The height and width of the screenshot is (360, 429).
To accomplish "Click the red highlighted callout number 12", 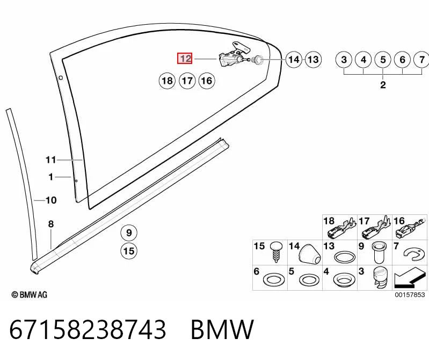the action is coord(185,59).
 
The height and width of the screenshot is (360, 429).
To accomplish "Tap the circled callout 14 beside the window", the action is coord(294,60).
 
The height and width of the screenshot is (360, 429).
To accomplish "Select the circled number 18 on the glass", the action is coord(167,81).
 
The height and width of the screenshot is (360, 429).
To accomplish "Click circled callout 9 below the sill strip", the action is coord(129,233).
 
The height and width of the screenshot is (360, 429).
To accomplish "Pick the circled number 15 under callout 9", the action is coord(129,251).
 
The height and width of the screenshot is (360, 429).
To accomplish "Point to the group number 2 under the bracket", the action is coord(383,84).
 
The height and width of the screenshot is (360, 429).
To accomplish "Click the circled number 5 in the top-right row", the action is coord(383,60).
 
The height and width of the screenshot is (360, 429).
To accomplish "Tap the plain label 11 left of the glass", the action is coord(50,160).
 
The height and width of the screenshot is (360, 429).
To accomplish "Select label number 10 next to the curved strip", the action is coord(51,200).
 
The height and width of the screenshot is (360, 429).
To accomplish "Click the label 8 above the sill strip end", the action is coord(51,224).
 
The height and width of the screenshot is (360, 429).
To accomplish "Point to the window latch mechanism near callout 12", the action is coord(235,55).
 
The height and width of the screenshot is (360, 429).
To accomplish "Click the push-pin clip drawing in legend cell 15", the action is coord(277,252).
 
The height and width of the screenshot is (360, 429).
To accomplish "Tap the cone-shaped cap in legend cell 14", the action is coord(309,254).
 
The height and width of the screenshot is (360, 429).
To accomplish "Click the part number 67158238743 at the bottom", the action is coord(88,329).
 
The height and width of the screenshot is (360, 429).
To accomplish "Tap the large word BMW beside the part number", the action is coord(222,329).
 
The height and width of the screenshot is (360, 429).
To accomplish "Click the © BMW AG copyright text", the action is coord(30,294).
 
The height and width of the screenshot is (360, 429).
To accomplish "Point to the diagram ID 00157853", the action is coord(410,294).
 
